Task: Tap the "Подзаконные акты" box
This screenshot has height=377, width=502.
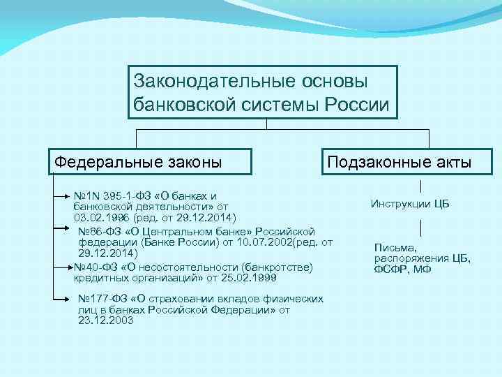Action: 400,163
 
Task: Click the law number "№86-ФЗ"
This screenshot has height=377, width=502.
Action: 98,231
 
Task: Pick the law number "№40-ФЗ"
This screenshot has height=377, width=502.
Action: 94,267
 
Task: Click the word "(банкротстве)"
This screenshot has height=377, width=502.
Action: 278,267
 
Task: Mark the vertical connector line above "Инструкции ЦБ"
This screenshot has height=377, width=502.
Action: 421,186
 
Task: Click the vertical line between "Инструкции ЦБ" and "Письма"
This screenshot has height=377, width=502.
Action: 421,226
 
